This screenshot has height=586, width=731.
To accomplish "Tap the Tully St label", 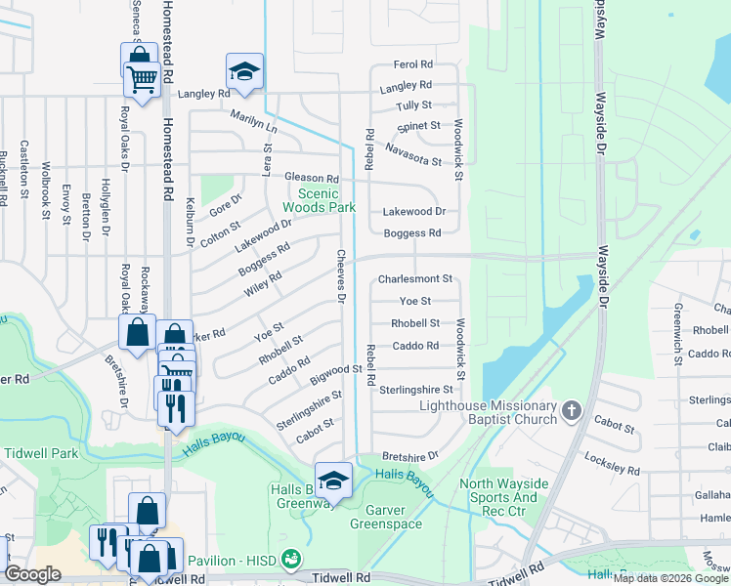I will (413, 105).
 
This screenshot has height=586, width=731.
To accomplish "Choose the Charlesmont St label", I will (415, 278).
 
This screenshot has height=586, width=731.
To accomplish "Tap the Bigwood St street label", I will (336, 371).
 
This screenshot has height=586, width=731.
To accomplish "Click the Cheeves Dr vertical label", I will (342, 276).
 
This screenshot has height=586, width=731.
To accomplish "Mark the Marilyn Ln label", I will (254, 121).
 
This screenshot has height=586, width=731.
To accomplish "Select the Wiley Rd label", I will (263, 280).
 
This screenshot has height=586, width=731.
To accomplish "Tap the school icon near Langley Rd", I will (244, 70).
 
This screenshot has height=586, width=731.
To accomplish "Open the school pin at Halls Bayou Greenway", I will (333, 480).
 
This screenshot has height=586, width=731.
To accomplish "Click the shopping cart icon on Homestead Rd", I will (143, 78).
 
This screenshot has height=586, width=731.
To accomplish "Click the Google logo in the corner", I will (32, 574).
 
